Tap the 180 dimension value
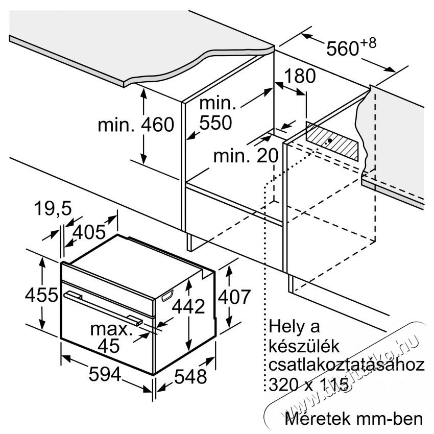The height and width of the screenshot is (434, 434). pyautogui.click(x=300, y=76)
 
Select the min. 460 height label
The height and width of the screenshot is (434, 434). pyautogui.click(x=136, y=125)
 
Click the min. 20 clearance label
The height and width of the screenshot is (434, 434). pyautogui.click(x=246, y=156)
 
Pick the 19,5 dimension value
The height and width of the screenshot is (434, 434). pyautogui.click(x=53, y=208)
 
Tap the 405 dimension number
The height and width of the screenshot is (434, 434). pyautogui.click(x=89, y=232)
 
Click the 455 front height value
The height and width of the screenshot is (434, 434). pyautogui.click(x=41, y=295)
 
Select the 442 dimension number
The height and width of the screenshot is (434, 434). pyautogui.click(x=188, y=306)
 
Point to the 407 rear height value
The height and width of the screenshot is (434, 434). pyautogui.click(x=234, y=297)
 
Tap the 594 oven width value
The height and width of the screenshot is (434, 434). pyautogui.click(x=105, y=374)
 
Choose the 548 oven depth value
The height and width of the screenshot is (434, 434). pyautogui.click(x=190, y=376)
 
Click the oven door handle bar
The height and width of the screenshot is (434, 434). pyautogui.click(x=103, y=307)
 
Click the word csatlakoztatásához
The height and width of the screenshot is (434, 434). pyautogui.click(x=347, y=365)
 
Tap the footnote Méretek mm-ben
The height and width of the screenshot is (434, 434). pyautogui.click(x=354, y=418)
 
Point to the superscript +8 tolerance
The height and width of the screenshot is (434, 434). pyautogui.click(x=368, y=43)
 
